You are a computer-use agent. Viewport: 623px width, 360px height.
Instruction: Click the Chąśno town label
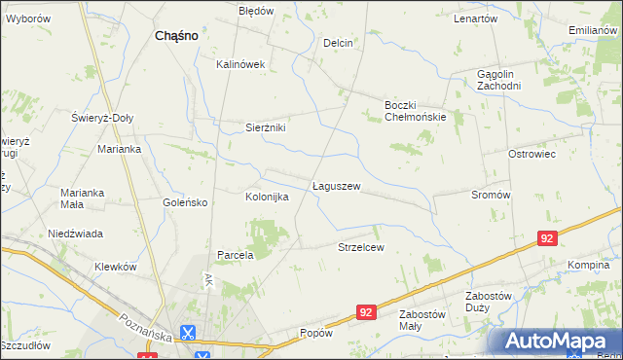(176, 35)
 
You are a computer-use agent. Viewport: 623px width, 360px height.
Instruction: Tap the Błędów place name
(256, 11)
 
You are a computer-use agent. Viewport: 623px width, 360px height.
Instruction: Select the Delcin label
(338, 43)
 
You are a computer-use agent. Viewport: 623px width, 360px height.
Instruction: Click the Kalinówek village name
(240, 64)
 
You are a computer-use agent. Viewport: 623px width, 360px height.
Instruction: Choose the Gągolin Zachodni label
(499, 80)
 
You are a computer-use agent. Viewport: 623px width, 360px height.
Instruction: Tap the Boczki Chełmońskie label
(415, 111)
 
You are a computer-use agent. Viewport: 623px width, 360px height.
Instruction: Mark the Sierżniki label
(265, 126)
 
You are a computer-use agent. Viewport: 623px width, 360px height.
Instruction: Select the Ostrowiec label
(531, 154)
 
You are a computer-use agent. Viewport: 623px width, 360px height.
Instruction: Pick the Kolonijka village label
(267, 197)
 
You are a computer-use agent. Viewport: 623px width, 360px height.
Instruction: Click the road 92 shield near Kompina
(548, 237)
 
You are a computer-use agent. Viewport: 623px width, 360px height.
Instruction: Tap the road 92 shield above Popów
(365, 312)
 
